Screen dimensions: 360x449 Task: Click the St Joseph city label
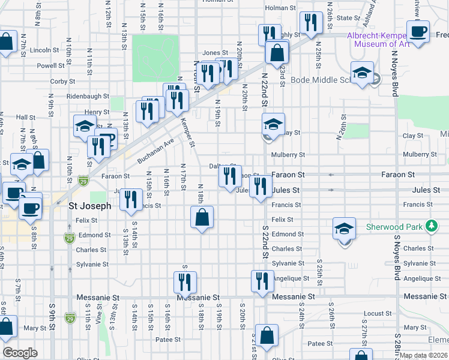pos(89,205)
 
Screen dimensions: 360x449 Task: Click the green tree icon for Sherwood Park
pos(430,227)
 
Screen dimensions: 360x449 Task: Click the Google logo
pos(20,353)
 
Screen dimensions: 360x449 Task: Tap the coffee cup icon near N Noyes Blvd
pos(418,31)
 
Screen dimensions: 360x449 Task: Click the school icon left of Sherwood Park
pos(345,229)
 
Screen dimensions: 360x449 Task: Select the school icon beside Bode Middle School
pos(362,73)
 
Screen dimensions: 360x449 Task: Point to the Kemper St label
pos(188,131)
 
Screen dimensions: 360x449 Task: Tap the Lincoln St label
pos(43,50)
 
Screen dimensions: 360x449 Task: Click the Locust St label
pos(378,313)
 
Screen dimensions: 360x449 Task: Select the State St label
pos(348,18)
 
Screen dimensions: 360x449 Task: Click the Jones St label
pos(215,53)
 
